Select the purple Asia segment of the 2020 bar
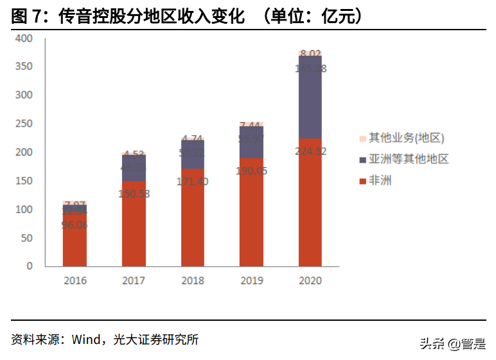pos(310,96)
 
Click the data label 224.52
pos(310,152)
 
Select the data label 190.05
pos(251,171)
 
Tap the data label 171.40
pos(193,181)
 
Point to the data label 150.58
pos(134,194)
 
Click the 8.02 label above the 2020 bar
pos(310,53)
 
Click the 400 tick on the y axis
pos(24,39)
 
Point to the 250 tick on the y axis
pos(24,124)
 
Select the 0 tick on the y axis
pos(30,266)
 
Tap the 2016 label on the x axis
pos(75,281)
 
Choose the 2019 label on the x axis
pos(251,281)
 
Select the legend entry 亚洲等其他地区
pos(407,159)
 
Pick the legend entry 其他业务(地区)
pos(405,138)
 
